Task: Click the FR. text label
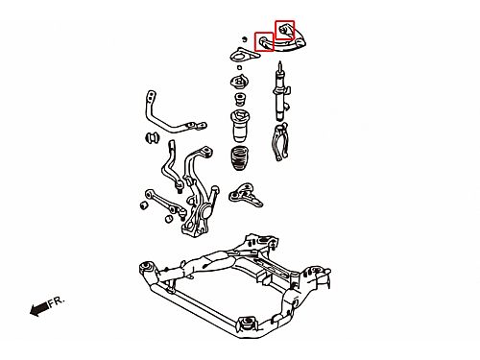(x=57, y=301)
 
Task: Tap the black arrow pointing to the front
(x=39, y=309)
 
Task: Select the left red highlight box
(x=264, y=41)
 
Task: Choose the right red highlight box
(x=284, y=30)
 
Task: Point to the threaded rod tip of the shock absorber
(x=280, y=62)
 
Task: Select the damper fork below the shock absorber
(x=280, y=142)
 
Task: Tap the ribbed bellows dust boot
(x=240, y=158)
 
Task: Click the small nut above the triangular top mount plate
(x=244, y=39)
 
